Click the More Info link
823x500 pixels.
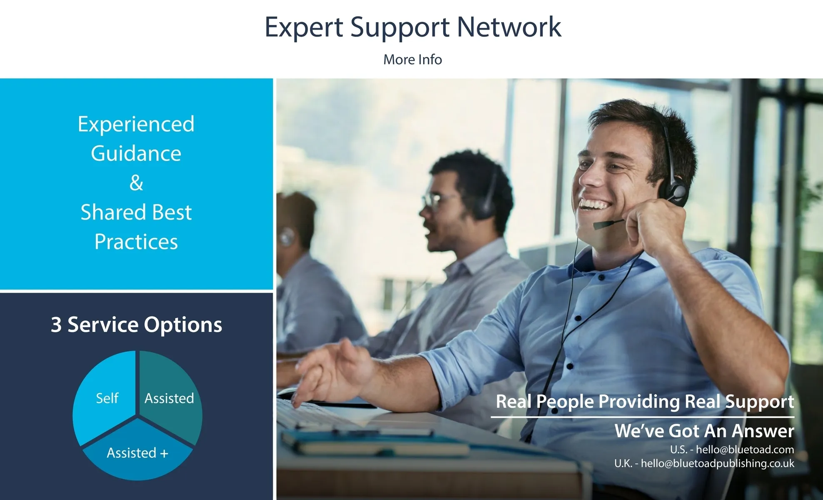point(412,60)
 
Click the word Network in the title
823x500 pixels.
point(509,27)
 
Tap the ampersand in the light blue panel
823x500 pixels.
point(136,182)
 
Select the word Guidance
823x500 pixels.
point(136,153)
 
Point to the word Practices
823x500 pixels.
point(136,242)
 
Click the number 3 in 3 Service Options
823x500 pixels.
point(56,325)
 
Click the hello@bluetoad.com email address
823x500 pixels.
point(745,450)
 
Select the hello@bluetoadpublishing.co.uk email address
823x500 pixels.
point(717,463)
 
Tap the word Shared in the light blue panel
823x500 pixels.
point(108,212)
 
